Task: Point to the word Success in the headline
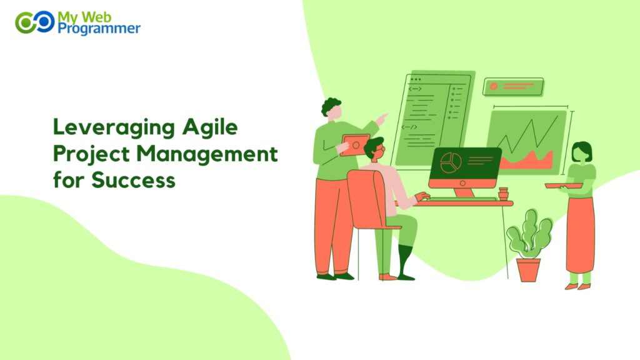133,180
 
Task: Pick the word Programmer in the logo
99,28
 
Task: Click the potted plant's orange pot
528,269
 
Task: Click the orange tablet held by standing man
354,146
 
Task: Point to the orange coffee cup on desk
503,193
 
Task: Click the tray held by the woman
563,185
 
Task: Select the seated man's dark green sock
404,260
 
